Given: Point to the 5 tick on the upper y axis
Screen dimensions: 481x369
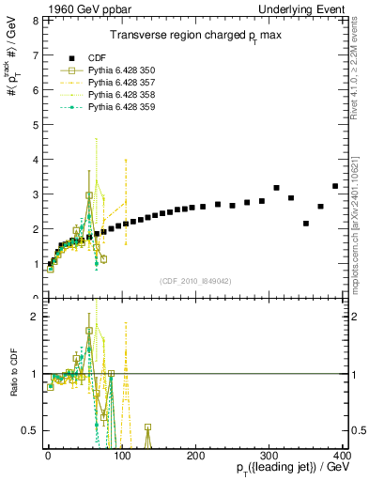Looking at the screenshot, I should [x=35, y=124].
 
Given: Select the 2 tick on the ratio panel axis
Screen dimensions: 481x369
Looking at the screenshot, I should [x=35, y=317].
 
